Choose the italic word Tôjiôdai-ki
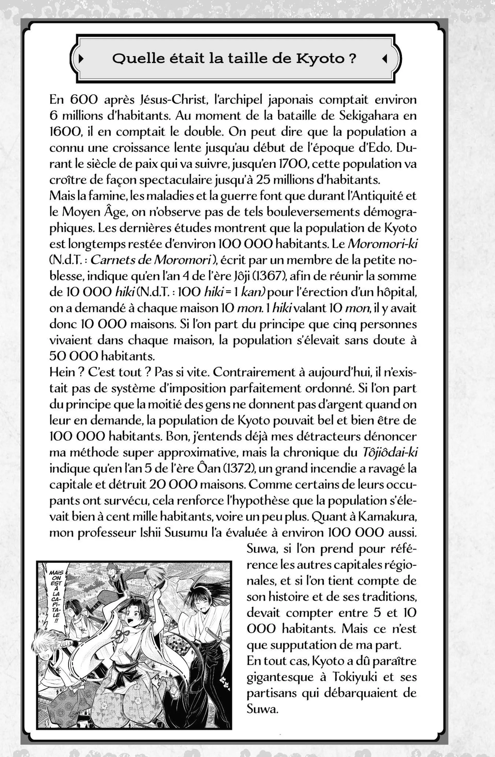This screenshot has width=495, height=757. pos(390,453)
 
